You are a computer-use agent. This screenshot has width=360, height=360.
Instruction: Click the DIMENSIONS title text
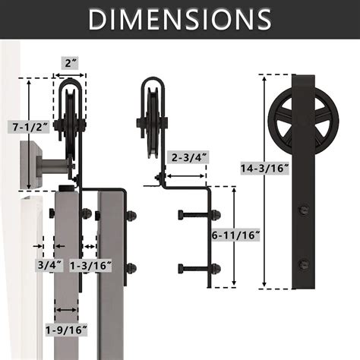[180, 19]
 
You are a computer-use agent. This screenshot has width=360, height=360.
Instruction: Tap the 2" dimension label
[70, 62]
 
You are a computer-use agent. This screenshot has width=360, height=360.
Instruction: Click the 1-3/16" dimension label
[91, 265]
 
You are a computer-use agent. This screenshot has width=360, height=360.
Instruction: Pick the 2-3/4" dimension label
[188, 158]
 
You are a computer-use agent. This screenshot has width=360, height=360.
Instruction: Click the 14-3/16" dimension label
[263, 169]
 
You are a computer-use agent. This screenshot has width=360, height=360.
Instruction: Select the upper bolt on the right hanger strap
[304, 207]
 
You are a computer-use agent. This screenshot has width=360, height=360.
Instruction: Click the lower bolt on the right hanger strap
[304, 264]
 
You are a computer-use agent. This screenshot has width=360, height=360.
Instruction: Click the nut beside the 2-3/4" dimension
[160, 180]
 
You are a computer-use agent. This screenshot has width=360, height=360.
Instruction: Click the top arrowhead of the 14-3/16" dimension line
[263, 76]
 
